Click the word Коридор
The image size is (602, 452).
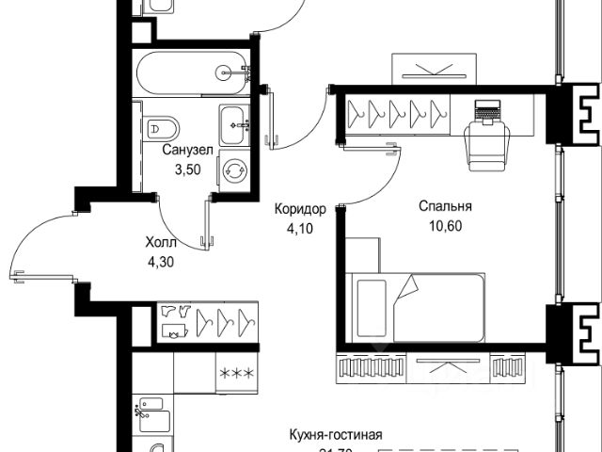pyautogui.click(x=299, y=209)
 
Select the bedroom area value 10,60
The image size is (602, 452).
pyautogui.click(x=446, y=225)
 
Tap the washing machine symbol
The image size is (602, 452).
pyautogui.click(x=233, y=171)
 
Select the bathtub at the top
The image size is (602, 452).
pyautogui.click(x=192, y=71)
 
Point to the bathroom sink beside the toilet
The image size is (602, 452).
pyautogui.click(x=233, y=122)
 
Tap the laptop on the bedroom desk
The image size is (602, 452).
pyautogui.click(x=488, y=110)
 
